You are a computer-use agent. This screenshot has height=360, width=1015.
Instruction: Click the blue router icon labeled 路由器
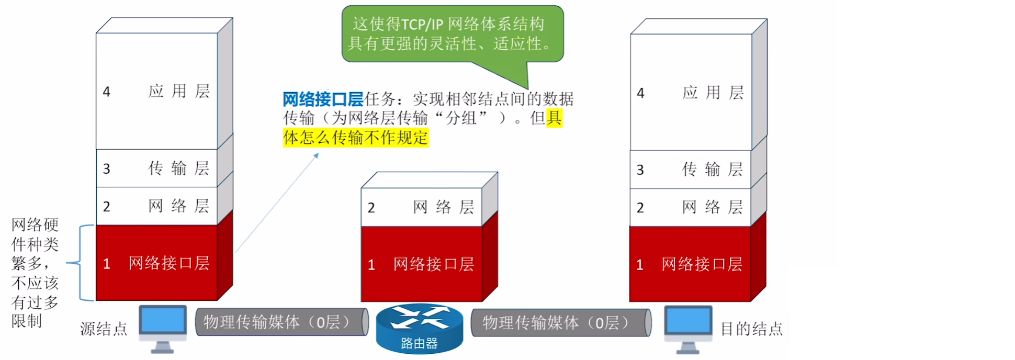[x=419, y=328]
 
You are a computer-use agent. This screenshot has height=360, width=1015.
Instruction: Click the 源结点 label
[x=104, y=329]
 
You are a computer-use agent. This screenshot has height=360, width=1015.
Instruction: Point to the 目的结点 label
[x=751, y=329]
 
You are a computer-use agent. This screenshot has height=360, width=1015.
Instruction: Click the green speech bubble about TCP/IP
[x=453, y=34]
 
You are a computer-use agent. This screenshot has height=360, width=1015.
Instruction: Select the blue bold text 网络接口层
[x=323, y=99]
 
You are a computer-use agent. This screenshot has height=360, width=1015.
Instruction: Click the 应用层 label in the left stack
[x=179, y=92]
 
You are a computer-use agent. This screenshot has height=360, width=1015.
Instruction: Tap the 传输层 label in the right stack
[x=713, y=170]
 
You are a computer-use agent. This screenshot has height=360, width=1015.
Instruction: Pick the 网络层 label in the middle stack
[x=444, y=207]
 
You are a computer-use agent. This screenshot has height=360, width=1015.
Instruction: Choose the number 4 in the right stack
[x=640, y=93]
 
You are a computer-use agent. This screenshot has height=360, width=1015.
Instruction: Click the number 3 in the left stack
[x=107, y=169]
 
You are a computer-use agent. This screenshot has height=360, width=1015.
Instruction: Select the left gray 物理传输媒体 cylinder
[x=281, y=322]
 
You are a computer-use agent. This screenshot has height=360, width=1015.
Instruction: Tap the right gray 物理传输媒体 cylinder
[x=561, y=322]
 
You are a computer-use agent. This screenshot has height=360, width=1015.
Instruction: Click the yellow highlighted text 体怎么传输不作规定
[x=356, y=138]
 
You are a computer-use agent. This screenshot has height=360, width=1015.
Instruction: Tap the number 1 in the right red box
[x=639, y=265]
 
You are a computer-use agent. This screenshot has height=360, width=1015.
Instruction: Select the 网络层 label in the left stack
[x=179, y=206]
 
